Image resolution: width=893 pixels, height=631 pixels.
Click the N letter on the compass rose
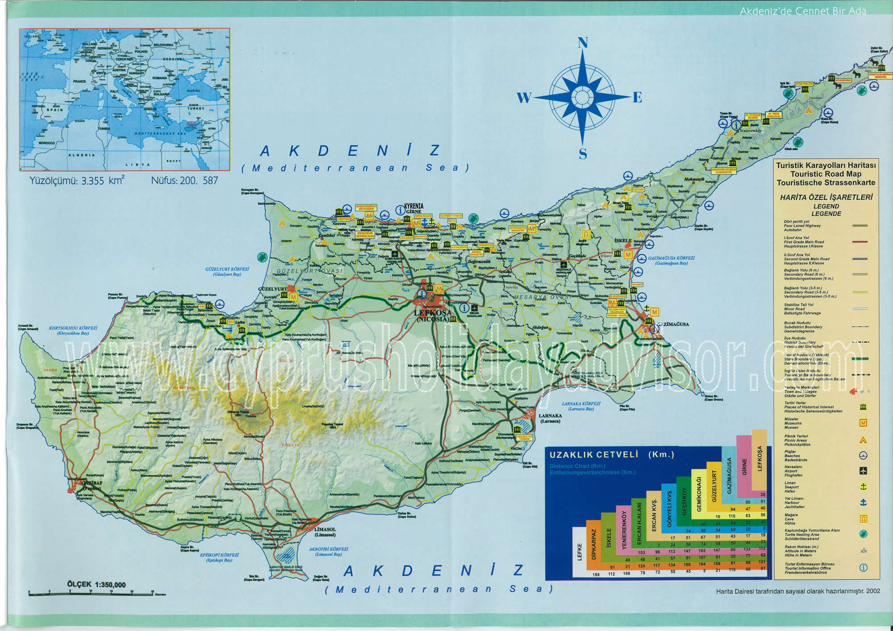[583, 43]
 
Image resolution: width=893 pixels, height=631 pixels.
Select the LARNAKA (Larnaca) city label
[550, 418]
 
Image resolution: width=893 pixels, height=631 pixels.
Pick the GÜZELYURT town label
[273, 289]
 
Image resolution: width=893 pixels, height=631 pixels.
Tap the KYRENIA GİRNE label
[413, 208]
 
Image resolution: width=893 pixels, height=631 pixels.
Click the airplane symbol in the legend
[863, 471]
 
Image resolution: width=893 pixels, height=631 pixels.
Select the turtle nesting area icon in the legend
[863, 534]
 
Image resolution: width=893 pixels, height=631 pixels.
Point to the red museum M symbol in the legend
[863, 423]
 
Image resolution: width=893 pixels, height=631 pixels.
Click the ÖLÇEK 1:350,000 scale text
[96, 584]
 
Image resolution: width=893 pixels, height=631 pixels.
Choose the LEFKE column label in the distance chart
[580, 552]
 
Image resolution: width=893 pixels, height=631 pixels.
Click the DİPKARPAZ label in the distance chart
[594, 544]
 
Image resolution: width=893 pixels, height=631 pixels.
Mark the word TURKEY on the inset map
[196, 108]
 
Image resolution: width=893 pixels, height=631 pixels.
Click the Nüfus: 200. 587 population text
[184, 181]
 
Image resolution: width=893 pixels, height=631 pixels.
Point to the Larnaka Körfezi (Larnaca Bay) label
[581, 406]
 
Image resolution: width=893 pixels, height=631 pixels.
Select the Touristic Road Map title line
[826, 174]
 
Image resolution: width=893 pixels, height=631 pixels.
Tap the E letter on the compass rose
[637, 98]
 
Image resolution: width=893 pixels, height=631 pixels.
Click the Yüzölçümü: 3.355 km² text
[77, 181]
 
